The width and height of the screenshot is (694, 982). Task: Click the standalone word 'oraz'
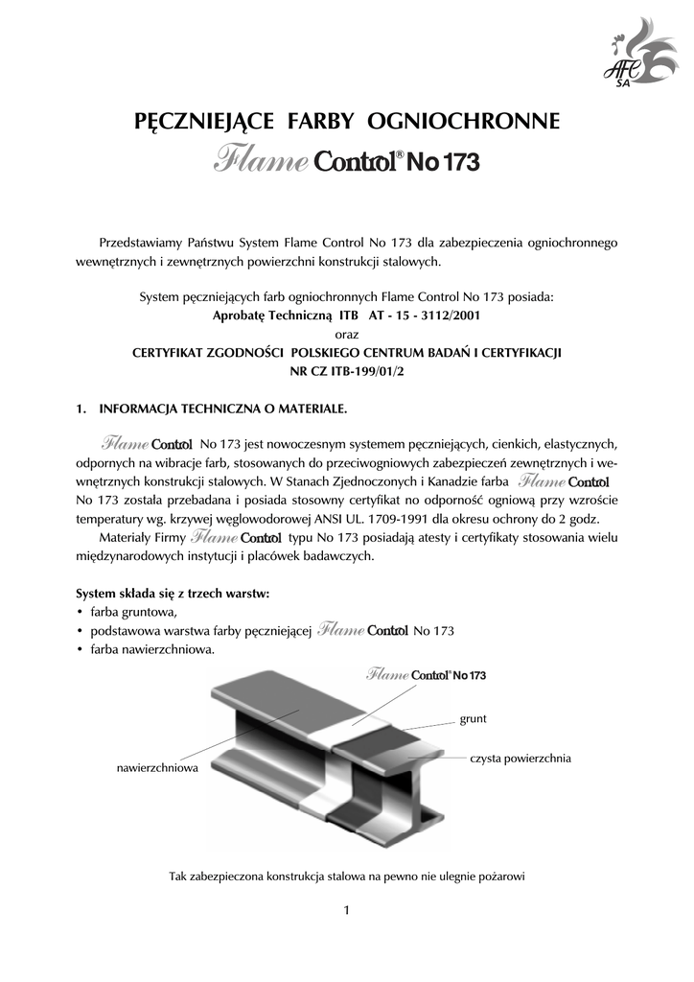[346, 333]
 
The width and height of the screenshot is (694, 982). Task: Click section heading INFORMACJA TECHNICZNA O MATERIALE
[223, 409]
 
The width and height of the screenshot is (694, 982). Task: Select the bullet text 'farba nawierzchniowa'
[152, 649]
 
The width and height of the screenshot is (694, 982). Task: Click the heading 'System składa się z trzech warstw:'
[173, 593]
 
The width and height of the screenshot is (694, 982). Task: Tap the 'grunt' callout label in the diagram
[474, 717]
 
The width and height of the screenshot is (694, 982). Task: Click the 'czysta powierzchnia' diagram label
[520, 758]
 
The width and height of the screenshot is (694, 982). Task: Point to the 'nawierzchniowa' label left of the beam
[157, 769]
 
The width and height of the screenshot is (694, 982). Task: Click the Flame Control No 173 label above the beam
[426, 675]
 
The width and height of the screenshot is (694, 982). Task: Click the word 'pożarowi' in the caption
[501, 875]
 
